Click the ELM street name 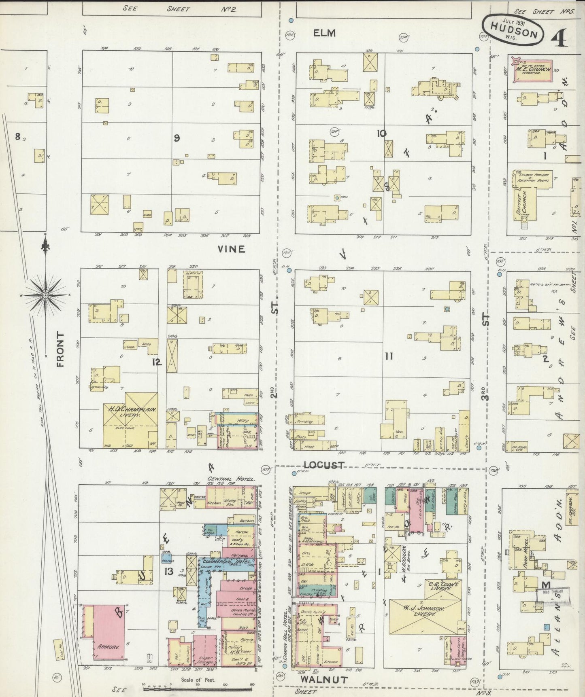click(324, 33)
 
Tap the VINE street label click(231, 249)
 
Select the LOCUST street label click(324, 465)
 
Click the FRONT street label click(61, 349)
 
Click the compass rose click(45, 296)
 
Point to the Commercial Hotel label click(225, 562)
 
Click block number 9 click(177, 138)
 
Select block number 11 click(389, 356)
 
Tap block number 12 click(157, 362)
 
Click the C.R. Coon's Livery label click(444, 586)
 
